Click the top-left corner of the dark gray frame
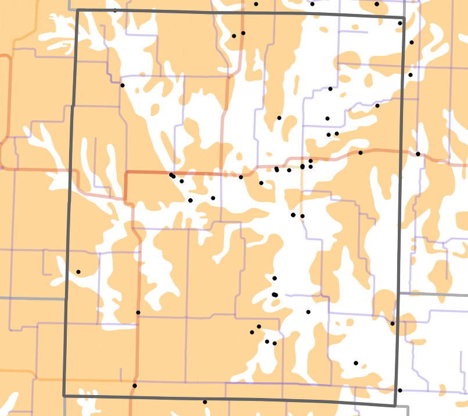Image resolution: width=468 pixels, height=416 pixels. click(x=77, y=10)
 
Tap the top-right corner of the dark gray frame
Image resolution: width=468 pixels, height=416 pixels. click(x=404, y=17)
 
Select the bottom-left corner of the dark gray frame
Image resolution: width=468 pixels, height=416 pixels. click(x=64, y=396)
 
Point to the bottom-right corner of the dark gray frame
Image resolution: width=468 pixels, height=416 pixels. click(x=395, y=406)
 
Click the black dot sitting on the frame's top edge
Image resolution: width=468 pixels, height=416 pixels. click(x=114, y=10)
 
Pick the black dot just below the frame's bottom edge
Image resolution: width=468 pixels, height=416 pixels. click(x=204, y=401)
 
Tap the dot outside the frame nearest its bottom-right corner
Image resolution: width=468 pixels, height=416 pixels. click(x=399, y=390)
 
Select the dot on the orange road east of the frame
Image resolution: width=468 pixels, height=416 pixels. click(x=418, y=154)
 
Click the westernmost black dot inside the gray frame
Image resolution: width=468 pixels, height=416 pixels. click(x=78, y=272)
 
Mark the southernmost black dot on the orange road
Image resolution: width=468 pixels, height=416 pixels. click(x=135, y=386)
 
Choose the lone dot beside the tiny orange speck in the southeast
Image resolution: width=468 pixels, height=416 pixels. click(x=356, y=363)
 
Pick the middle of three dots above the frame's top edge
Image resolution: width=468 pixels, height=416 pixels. click(x=312, y=4)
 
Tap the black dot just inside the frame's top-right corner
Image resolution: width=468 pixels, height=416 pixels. click(x=400, y=23)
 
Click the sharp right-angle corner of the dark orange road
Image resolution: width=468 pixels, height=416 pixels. click(x=127, y=173)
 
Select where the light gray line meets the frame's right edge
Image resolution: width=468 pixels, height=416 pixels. click(x=398, y=294)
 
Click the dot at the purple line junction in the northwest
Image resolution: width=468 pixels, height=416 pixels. click(x=123, y=85)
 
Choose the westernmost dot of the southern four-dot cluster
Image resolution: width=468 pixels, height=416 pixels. click(x=252, y=332)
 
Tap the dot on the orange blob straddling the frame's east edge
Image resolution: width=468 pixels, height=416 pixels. click(x=393, y=324)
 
